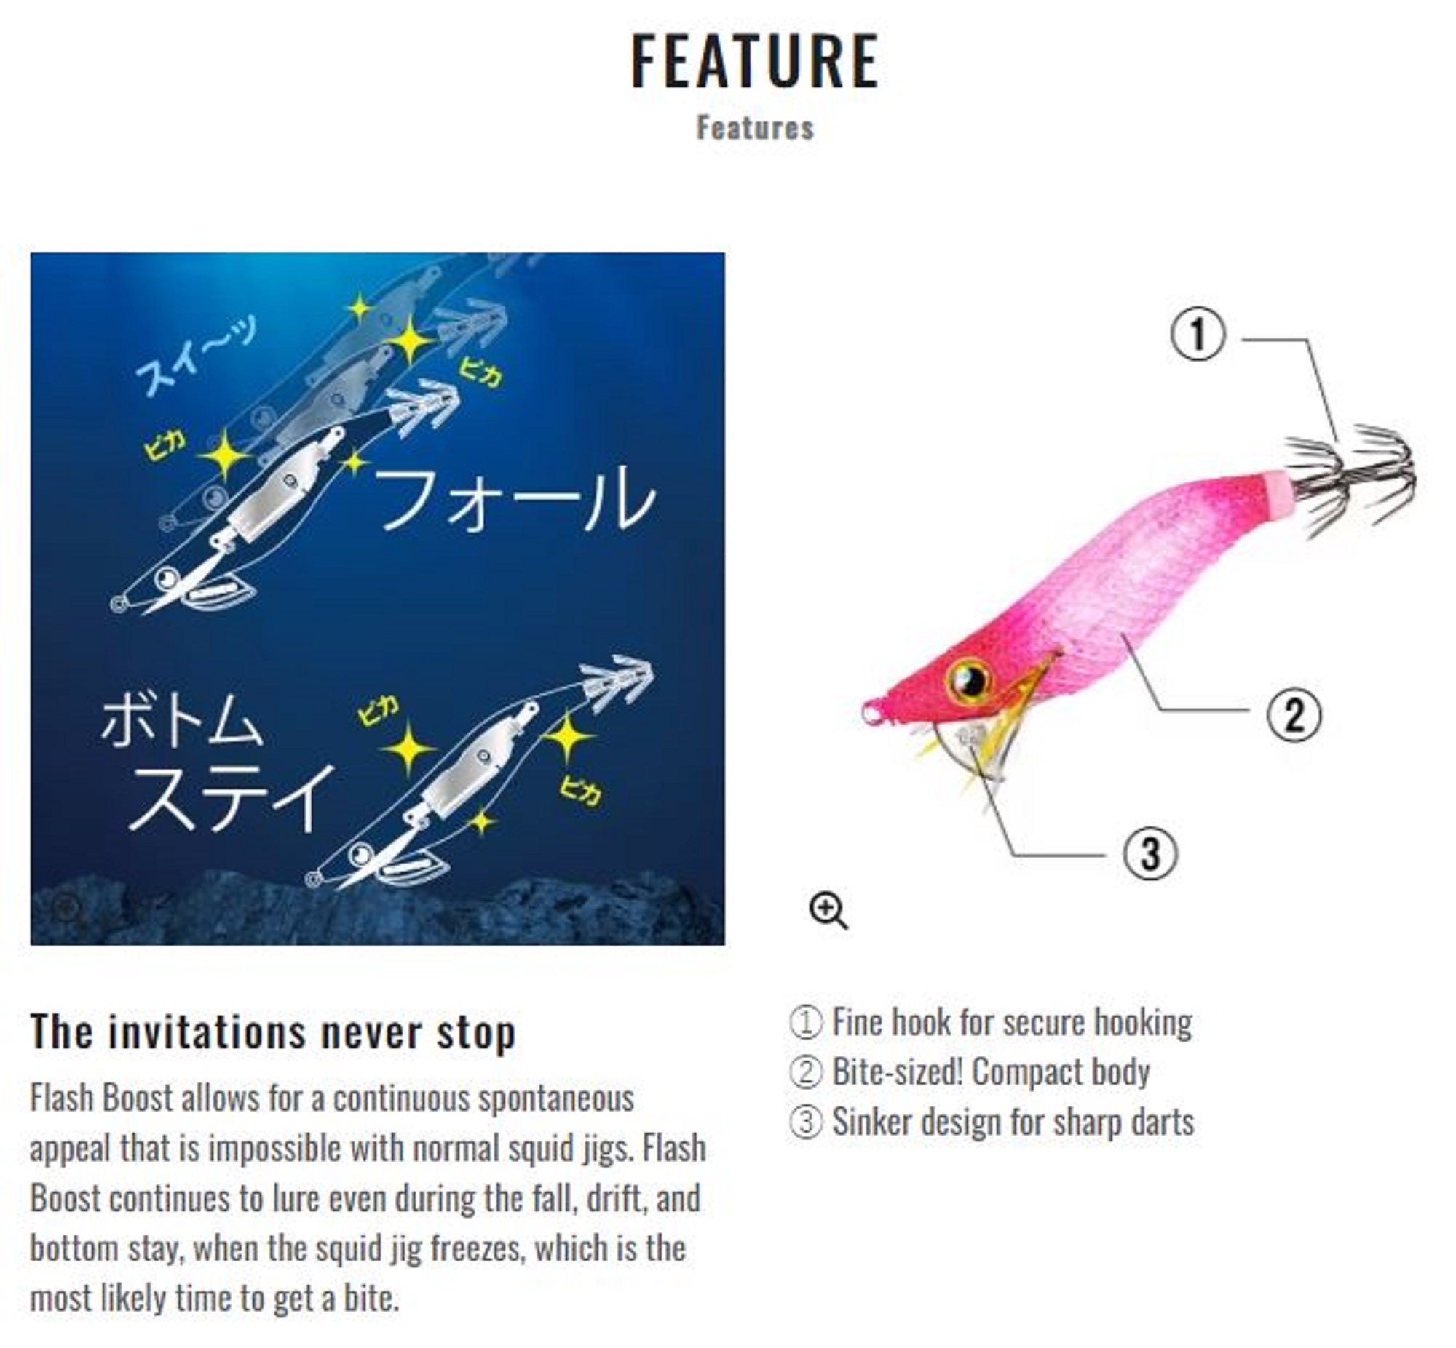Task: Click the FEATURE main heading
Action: pos(755,61)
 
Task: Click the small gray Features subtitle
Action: pos(755,128)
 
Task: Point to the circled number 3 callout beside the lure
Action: pos(1150,853)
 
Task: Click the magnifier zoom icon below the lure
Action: pos(828,910)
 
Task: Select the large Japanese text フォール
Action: pos(515,498)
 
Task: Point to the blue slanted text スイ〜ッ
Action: pos(196,357)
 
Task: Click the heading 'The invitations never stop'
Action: pos(273,1033)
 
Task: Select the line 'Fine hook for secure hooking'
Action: pos(1011,1023)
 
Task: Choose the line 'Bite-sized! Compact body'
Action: pos(990,1072)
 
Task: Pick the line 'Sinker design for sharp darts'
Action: pos(1013,1122)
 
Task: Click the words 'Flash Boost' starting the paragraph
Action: pos(101,1098)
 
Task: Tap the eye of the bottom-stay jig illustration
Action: pos(360,855)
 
